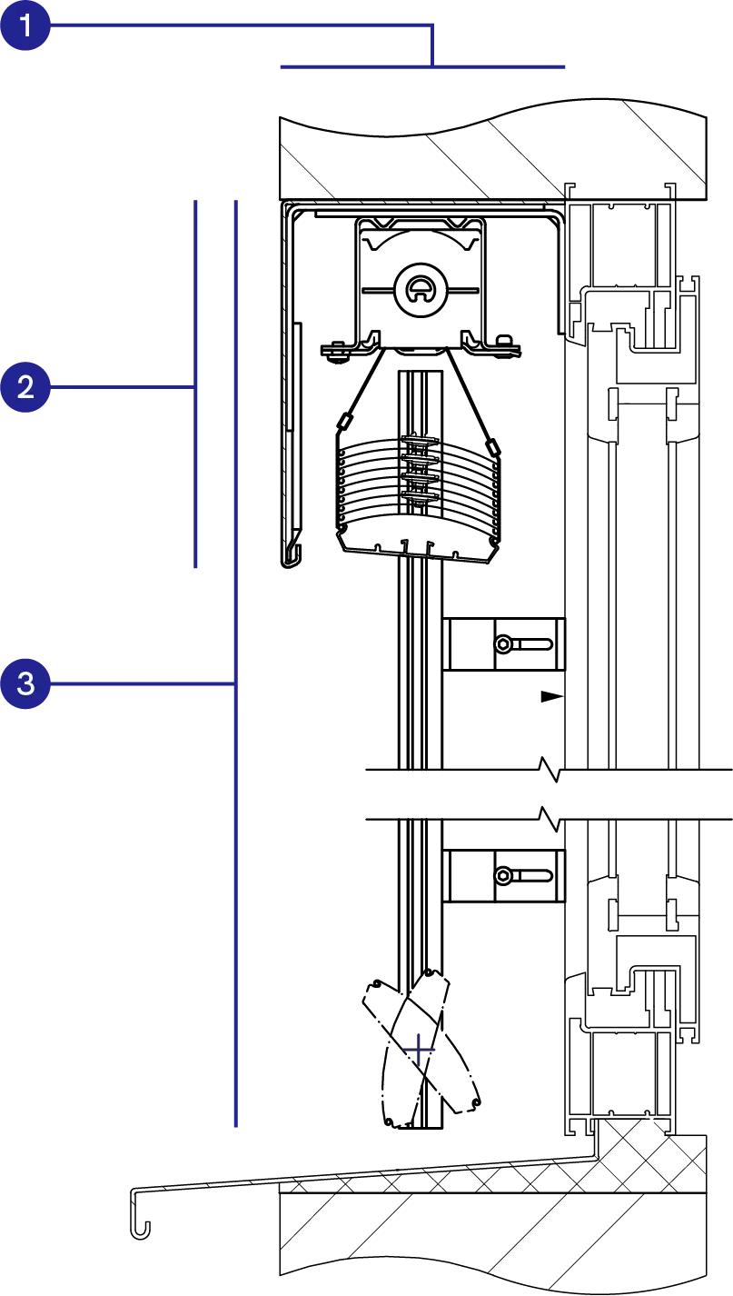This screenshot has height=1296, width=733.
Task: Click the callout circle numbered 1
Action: click(x=25, y=25)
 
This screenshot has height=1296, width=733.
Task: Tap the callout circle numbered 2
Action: click(x=25, y=388)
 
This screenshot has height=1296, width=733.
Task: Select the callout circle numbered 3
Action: click(x=25, y=682)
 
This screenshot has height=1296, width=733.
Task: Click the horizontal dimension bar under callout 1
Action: click(x=421, y=65)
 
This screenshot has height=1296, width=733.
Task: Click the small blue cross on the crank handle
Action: click(x=418, y=1051)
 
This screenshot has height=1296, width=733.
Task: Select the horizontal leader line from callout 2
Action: click(x=118, y=389)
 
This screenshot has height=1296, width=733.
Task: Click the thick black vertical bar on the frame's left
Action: click(x=289, y=391)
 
